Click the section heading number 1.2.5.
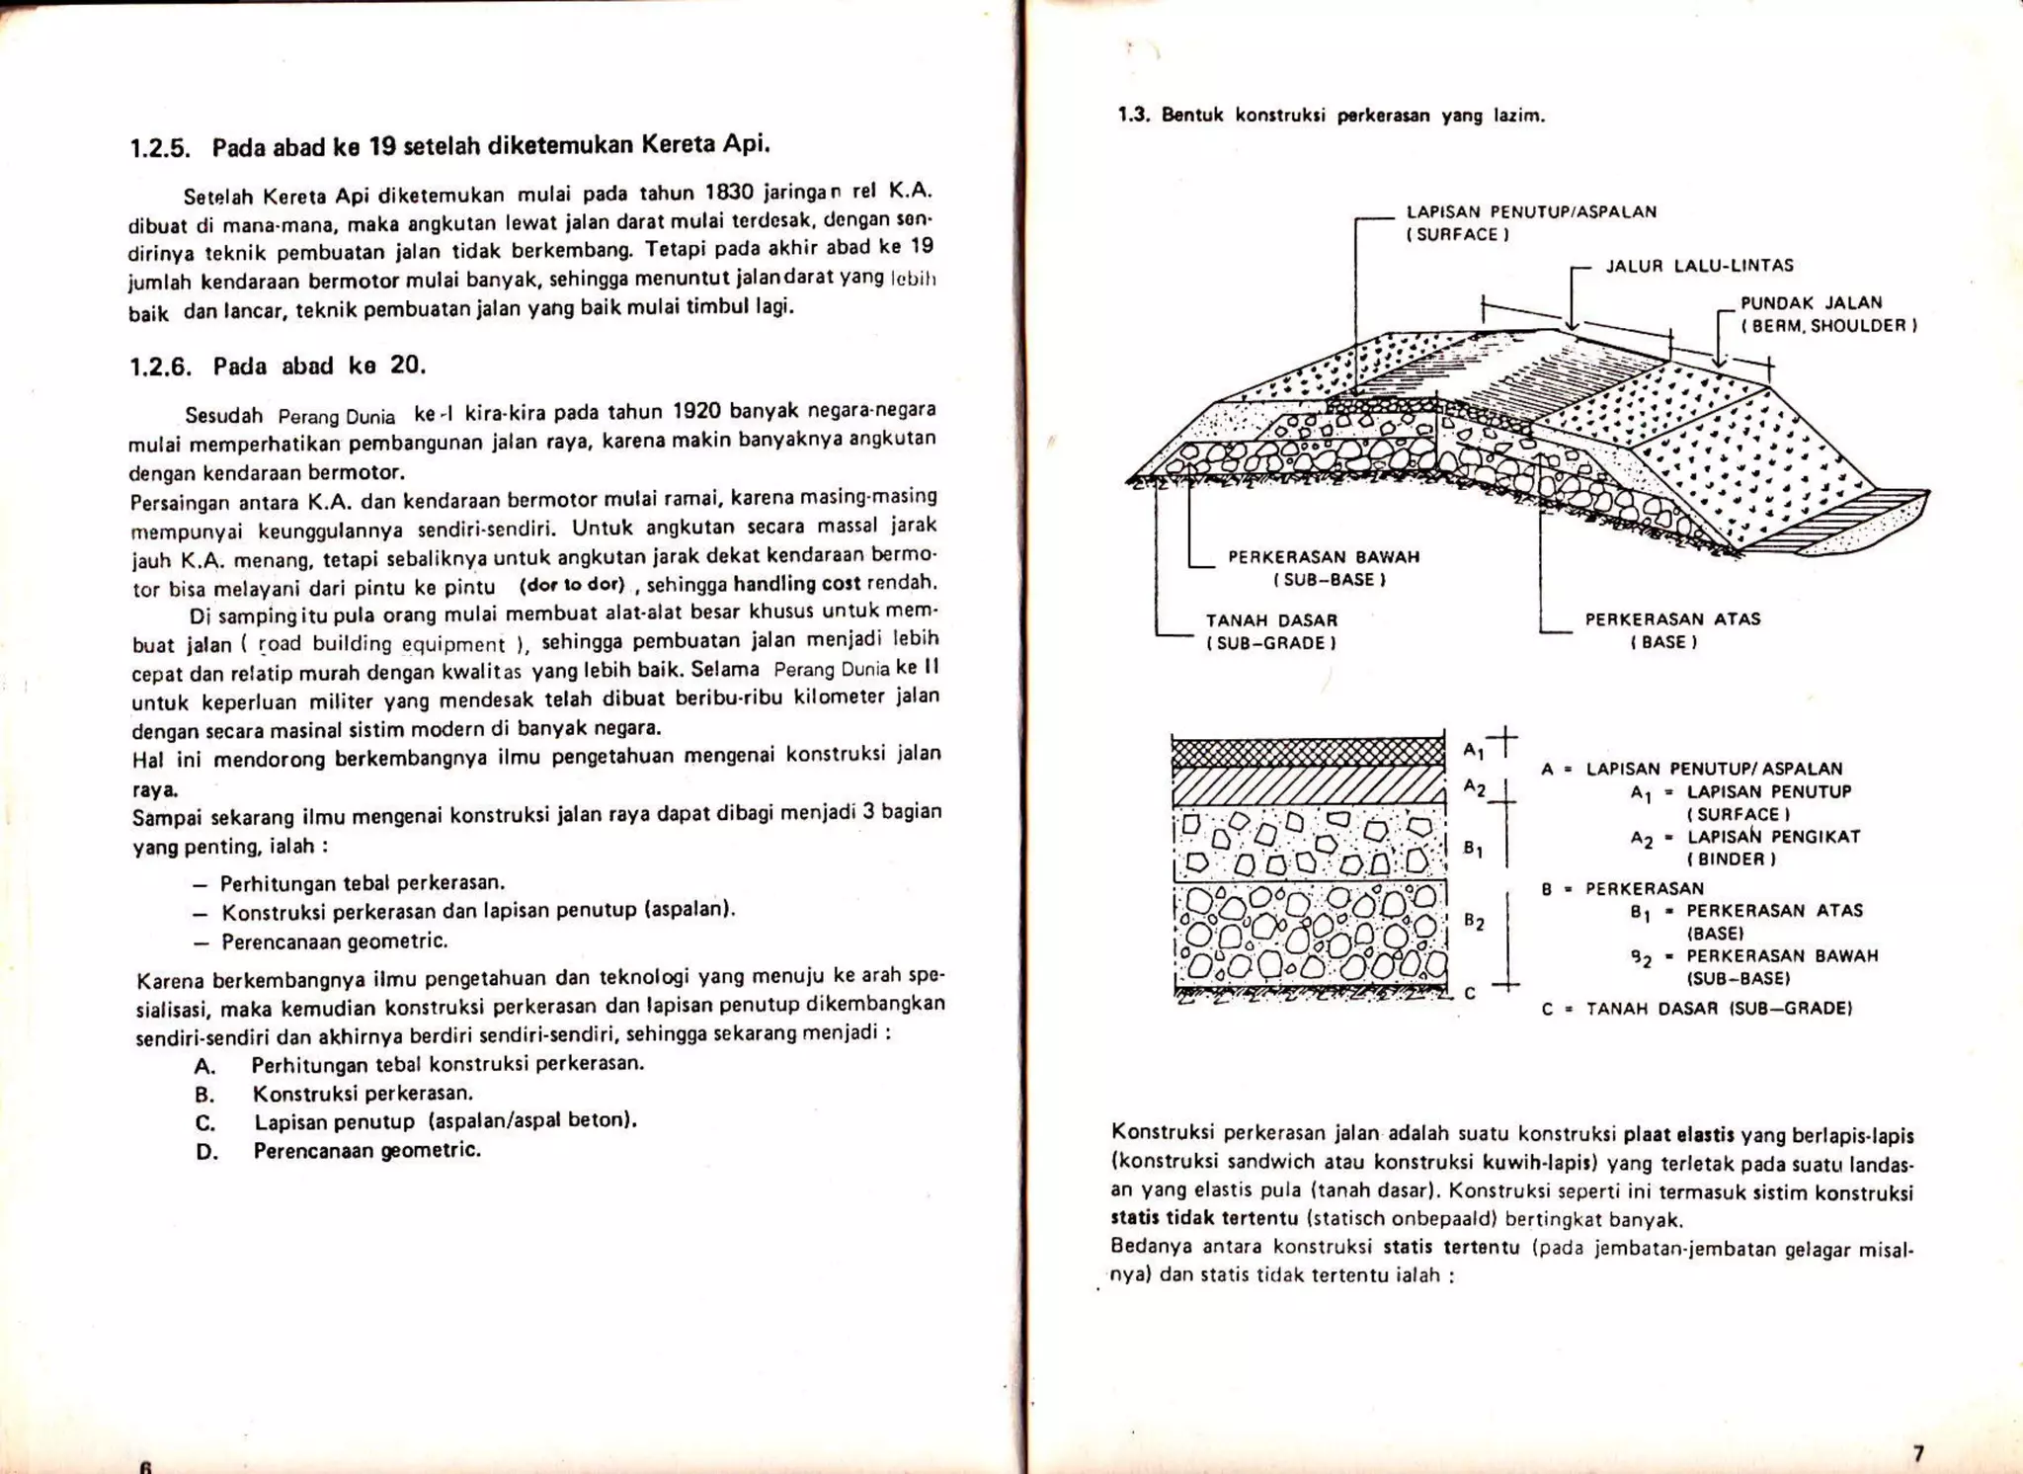coord(159,150)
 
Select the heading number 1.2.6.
coord(159,368)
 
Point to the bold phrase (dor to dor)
coord(572,584)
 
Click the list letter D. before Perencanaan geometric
coord(206,1152)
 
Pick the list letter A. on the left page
coord(205,1067)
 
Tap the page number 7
coord(1918,1453)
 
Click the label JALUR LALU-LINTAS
coord(1699,266)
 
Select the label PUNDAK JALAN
coord(1811,303)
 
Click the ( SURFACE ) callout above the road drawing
coord(1457,235)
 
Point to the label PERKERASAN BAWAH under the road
coord(1324,557)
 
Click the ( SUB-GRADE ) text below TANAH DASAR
coord(1270,643)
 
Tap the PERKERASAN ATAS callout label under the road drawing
coord(1672,619)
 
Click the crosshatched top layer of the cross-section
coord(1308,753)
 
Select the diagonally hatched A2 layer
coord(1308,786)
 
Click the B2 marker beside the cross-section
coord(1474,922)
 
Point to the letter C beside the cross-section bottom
coord(1470,993)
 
